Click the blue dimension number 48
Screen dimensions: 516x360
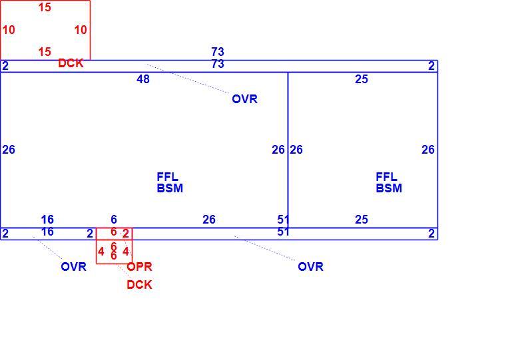(143, 79)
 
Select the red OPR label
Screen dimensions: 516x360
(140, 267)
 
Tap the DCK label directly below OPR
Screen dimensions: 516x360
(140, 285)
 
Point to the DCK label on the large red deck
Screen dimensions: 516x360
(71, 63)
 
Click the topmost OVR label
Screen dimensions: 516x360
(244, 99)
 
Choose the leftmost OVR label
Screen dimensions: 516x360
(74, 267)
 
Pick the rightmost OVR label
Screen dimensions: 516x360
(310, 267)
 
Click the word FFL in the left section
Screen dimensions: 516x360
(168, 177)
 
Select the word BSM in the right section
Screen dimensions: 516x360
(389, 188)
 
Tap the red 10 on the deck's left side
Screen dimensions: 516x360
(9, 30)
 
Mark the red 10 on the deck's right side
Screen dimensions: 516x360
(81, 30)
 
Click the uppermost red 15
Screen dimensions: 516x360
(45, 7)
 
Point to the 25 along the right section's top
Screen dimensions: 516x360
(362, 79)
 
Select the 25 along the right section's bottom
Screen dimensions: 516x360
(362, 220)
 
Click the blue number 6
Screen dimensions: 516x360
(114, 220)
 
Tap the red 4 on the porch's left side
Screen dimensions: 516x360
(101, 252)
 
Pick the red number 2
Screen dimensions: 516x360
(126, 234)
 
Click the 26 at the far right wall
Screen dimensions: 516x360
(428, 150)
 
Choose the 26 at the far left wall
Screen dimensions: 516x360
(9, 150)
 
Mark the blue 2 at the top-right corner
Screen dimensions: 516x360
(431, 66)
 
